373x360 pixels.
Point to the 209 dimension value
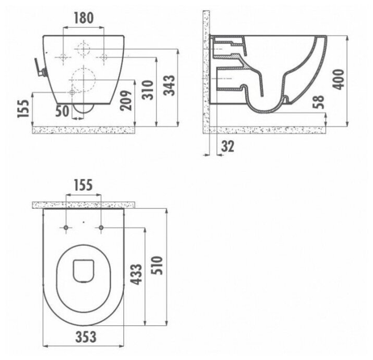click(127, 100)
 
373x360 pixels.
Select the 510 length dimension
click(159, 265)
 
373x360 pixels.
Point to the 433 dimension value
click(137, 275)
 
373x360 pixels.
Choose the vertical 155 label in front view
click(23, 109)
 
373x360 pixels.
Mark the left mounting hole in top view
click(66, 228)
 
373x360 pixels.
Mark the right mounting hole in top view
click(101, 228)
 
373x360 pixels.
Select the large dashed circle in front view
click(84, 79)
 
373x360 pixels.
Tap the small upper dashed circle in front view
click(84, 48)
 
